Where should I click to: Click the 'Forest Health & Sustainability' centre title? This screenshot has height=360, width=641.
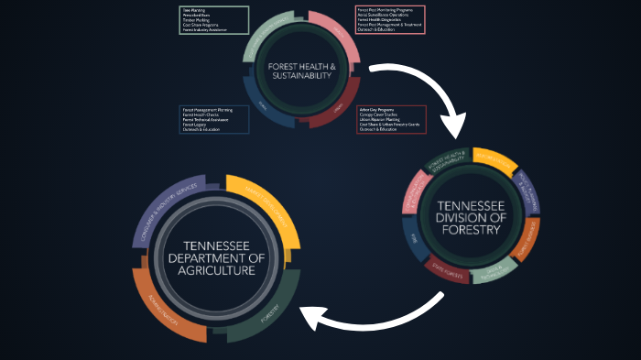302,71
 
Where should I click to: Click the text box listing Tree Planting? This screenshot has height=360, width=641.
213,20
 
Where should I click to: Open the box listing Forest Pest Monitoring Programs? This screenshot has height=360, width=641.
389,19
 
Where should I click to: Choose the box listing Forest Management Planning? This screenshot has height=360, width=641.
213,120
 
